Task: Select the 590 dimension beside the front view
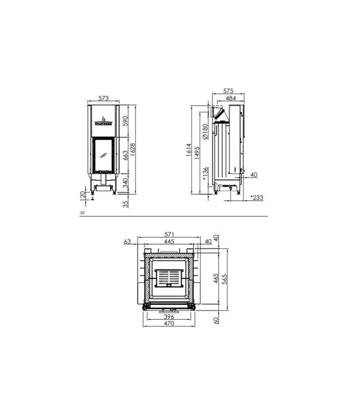pos(126,121)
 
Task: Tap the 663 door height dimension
pos(126,157)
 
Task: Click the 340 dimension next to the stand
pos(126,183)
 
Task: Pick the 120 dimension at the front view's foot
pos(83,196)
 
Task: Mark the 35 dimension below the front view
pos(126,204)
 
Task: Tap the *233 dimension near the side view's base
pos(257,196)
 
